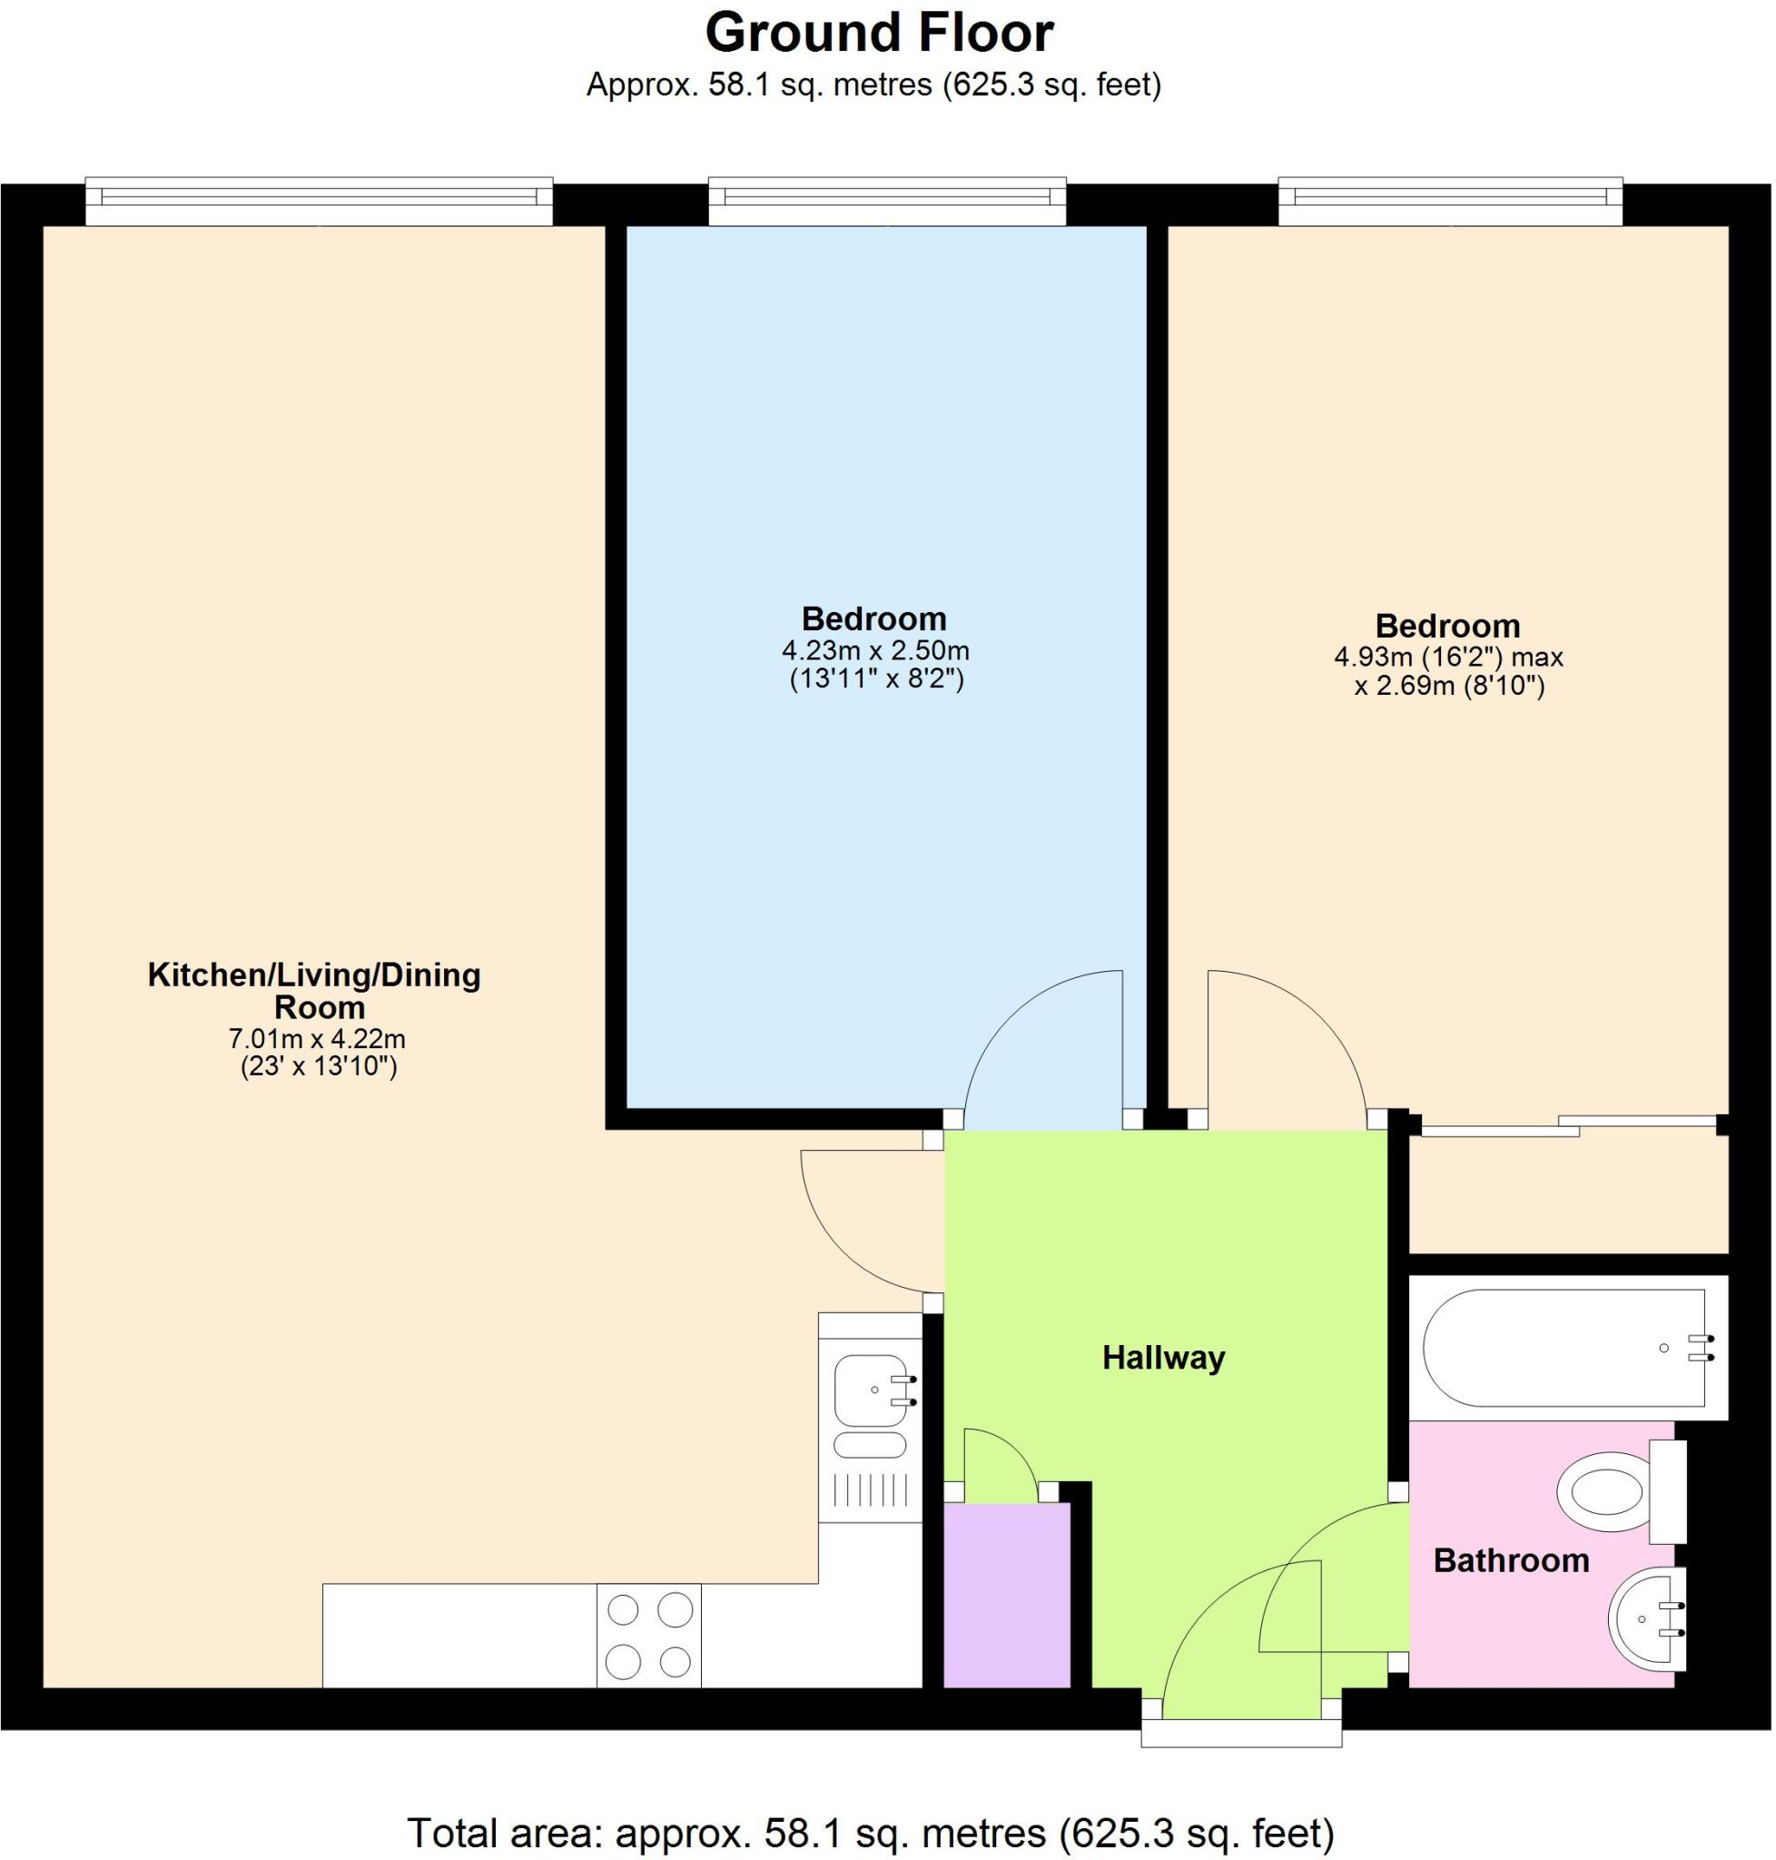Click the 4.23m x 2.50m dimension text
[875, 650]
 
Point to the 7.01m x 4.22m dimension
[318, 1038]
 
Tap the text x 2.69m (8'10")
[1449, 686]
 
